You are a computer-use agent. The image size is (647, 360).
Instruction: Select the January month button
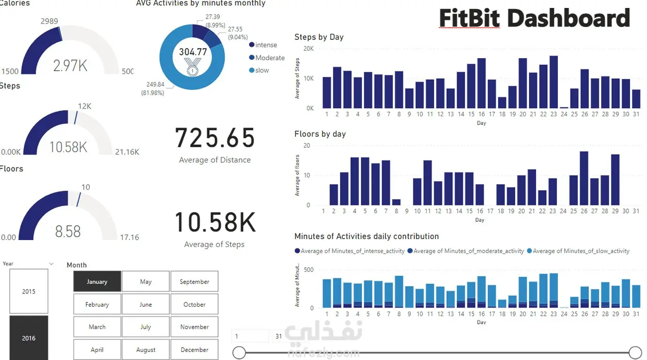(97, 282)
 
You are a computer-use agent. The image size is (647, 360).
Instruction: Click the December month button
(194, 350)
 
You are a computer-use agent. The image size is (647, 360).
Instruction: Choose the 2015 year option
(29, 291)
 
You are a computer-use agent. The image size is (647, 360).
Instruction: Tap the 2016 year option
(29, 337)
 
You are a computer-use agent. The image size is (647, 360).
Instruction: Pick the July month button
(145, 327)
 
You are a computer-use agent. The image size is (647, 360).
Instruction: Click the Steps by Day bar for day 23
(554, 82)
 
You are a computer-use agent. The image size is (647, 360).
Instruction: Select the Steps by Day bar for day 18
(502, 103)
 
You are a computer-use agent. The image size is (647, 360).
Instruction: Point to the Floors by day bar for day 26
(584, 178)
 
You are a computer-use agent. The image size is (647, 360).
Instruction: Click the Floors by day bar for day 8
(396, 202)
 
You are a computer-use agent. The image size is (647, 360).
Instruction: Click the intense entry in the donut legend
(266, 45)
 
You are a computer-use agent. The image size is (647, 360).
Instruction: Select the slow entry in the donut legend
(262, 70)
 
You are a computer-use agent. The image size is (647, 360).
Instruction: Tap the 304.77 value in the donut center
(193, 52)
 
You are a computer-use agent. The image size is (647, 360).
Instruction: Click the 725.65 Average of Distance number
(215, 138)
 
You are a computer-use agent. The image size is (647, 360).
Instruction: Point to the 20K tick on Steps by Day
(308, 49)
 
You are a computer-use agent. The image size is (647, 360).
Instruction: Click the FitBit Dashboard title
(534, 19)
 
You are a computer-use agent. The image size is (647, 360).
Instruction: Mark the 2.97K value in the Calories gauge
(70, 66)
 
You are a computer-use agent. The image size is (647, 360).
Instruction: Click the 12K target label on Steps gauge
(84, 106)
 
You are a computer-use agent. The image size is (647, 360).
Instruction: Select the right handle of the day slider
(635, 352)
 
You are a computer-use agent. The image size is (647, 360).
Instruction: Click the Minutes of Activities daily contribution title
(367, 236)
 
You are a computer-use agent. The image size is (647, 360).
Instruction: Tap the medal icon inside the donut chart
(192, 67)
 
